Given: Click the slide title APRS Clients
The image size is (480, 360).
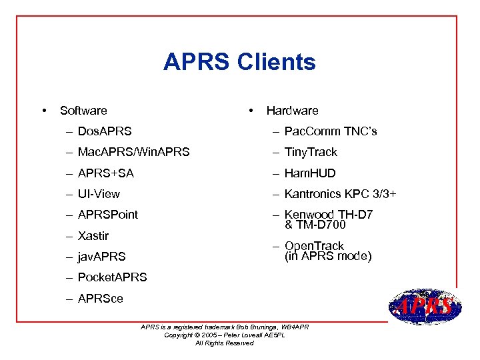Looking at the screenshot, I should (239, 62).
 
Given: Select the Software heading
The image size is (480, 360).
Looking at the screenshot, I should (83, 111).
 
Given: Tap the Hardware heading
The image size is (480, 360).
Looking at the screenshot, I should (292, 111).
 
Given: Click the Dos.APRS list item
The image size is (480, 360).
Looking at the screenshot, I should (105, 131).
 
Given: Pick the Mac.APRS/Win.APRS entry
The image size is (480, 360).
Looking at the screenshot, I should (133, 152).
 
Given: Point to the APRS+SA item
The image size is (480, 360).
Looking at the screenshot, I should (106, 173).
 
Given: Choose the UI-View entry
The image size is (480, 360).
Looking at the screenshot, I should (99, 194).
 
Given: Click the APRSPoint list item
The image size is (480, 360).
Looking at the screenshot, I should (108, 215).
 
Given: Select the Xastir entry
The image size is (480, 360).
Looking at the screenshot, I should (93, 235).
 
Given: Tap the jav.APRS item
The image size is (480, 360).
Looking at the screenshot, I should (102, 256).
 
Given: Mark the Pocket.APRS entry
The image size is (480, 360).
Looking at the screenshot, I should (112, 277).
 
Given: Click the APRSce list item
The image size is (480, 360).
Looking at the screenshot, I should (101, 298).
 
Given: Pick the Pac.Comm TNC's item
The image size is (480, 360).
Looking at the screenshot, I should (331, 131).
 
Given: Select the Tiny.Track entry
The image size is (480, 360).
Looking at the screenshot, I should (311, 152).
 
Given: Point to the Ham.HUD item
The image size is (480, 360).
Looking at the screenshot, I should (310, 173).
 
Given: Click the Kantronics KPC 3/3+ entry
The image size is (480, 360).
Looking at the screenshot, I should (341, 194).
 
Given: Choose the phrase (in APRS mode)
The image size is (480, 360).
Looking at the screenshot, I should (328, 257).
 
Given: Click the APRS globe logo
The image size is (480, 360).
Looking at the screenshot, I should (425, 307).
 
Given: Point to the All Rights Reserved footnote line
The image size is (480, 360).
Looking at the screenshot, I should (225, 343).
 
